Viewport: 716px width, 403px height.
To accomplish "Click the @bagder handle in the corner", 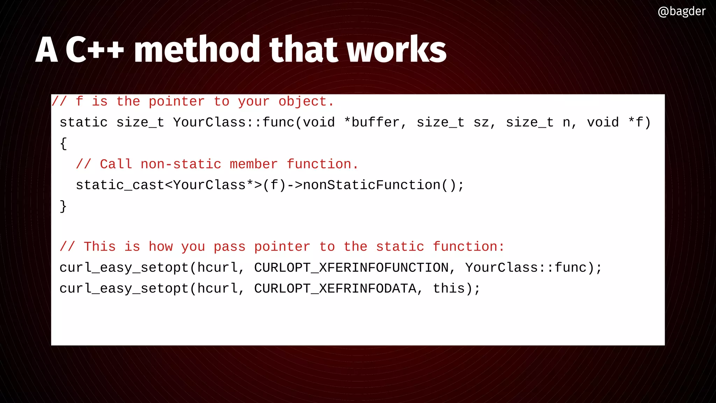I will pyautogui.click(x=681, y=12).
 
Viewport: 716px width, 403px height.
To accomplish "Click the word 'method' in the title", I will pyautogui.click(x=196, y=50).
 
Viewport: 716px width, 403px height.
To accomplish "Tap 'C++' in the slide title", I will pyautogui.click(x=95, y=50).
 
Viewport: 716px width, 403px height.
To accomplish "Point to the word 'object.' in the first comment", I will pyautogui.click(x=306, y=101).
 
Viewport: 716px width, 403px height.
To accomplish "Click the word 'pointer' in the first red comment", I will pyautogui.click(x=177, y=101).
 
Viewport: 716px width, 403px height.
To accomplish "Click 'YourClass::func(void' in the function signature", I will pyautogui.click(x=254, y=122).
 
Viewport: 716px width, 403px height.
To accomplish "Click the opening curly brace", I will pyautogui.click(x=63, y=143).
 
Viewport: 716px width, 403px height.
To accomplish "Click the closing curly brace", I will pyautogui.click(x=63, y=206).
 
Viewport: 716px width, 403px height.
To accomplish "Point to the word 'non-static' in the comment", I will pyautogui.click(x=181, y=164).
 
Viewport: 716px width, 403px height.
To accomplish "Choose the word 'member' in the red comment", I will pyautogui.click(x=253, y=164).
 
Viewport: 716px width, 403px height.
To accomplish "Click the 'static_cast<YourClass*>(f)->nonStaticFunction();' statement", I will pyautogui.click(x=270, y=185).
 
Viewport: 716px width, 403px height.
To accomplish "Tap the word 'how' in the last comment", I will pyautogui.click(x=160, y=247).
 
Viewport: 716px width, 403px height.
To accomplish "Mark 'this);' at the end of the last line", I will pyautogui.click(x=457, y=289).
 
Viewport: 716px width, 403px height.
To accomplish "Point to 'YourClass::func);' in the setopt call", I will pyautogui.click(x=534, y=268).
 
